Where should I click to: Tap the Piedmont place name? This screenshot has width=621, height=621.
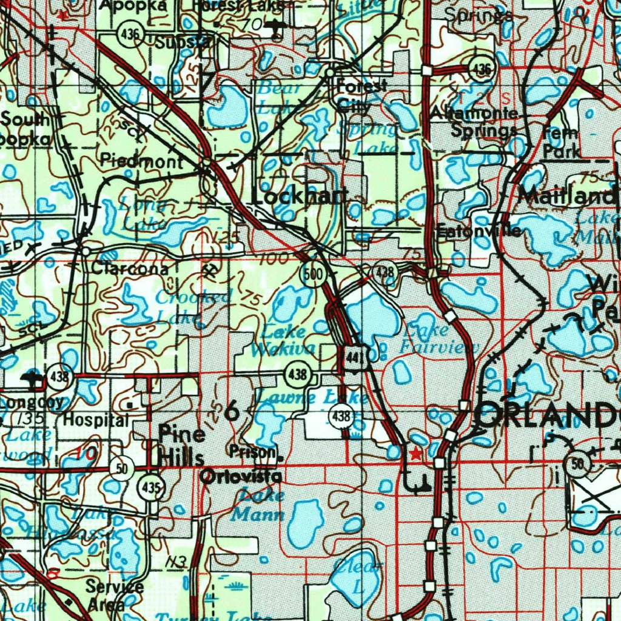(141, 161)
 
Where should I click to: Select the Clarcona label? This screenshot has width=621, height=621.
(130, 269)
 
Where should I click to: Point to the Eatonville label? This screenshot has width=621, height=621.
(479, 231)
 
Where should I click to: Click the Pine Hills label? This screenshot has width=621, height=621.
(181, 446)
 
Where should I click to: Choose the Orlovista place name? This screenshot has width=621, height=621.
(241, 477)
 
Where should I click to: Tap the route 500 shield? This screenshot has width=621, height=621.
(312, 274)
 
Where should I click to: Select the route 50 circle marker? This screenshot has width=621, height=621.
(122, 469)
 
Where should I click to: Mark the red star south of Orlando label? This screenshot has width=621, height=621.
(415, 454)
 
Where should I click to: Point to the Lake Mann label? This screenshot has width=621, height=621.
(259, 505)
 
